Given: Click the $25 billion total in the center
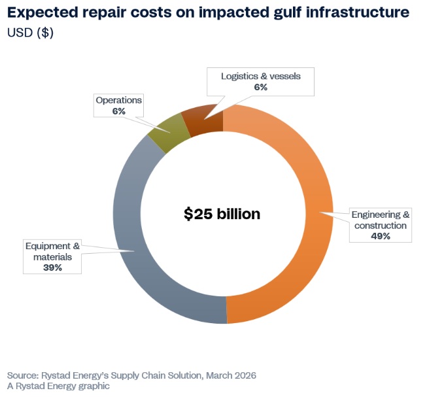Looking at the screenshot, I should [222, 214].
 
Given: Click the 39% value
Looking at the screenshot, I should [52, 268].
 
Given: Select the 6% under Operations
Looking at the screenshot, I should [118, 112].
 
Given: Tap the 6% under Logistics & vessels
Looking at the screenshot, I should [260, 87].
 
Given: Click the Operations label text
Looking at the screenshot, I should [118, 101].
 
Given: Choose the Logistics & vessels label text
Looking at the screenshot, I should [260, 76].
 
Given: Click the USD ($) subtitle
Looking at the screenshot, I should [31, 33].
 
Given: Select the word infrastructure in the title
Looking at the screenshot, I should [358, 12].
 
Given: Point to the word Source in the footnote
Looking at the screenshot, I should [22, 375].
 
